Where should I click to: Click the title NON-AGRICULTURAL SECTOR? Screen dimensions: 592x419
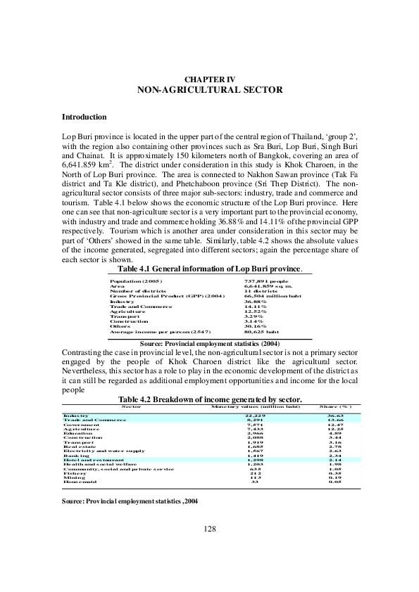pos(209,90)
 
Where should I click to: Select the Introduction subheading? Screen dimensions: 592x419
pos(84,117)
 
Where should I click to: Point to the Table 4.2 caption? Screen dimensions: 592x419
pos(209,399)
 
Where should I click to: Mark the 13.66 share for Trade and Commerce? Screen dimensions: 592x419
pos(334,420)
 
